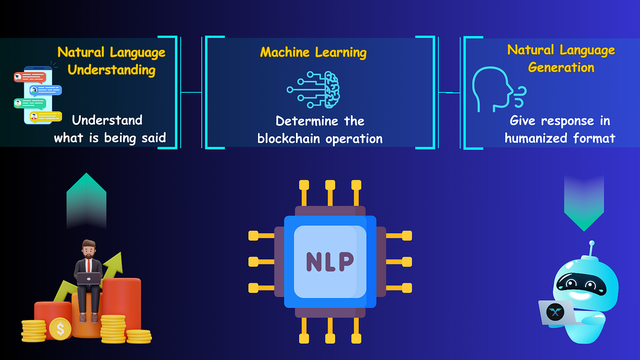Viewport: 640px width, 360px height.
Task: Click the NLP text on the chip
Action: pos(330,261)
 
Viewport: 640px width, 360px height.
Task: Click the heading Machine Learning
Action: pos(313,52)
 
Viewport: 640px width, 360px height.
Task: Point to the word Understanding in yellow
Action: pos(111,70)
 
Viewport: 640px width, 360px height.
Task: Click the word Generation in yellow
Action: pos(561,68)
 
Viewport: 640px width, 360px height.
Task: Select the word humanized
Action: pos(539,139)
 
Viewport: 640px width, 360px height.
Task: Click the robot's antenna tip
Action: pos(590,244)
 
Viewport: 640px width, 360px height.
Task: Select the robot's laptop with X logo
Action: pos(556,313)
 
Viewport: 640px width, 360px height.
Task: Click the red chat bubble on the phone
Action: pos(30,77)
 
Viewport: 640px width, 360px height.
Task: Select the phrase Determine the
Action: pos(320,121)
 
